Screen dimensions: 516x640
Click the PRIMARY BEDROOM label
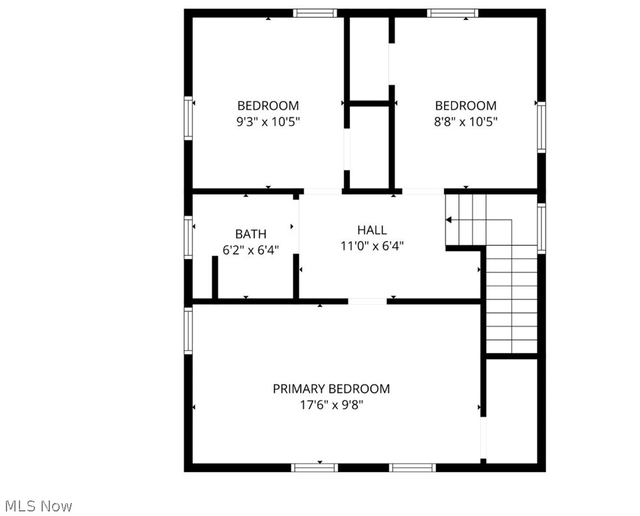[x=331, y=389]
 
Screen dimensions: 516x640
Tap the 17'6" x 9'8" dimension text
[x=331, y=405]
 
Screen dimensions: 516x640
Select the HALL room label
[x=372, y=230]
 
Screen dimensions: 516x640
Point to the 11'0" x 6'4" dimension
[x=372, y=246]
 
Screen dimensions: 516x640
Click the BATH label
[x=251, y=234]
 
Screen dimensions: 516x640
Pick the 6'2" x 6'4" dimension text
[x=251, y=250]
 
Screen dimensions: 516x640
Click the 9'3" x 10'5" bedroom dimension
[x=268, y=121]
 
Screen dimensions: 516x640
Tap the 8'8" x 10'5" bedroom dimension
[x=466, y=121]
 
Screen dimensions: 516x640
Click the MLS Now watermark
[x=39, y=506]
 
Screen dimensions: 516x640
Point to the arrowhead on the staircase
[x=449, y=220]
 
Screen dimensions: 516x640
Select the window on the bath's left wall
[x=189, y=238]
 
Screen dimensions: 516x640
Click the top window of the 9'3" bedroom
[x=315, y=13]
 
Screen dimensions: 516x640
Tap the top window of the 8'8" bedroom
[x=452, y=13]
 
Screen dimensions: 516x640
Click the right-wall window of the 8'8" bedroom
[x=541, y=126]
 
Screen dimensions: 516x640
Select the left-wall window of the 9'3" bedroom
[x=189, y=118]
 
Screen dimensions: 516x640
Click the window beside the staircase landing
[x=541, y=228]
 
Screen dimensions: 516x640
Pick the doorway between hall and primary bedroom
[x=367, y=301]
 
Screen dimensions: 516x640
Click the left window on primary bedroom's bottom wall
[x=314, y=467]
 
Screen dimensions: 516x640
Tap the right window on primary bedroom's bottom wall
[x=412, y=467]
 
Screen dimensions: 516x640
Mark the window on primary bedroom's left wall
[x=189, y=331]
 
